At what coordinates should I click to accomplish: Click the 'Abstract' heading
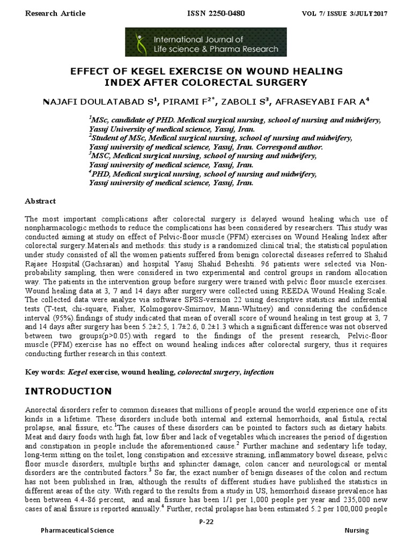40,201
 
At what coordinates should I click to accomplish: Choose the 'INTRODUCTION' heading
69,391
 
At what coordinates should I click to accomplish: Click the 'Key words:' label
45,372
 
